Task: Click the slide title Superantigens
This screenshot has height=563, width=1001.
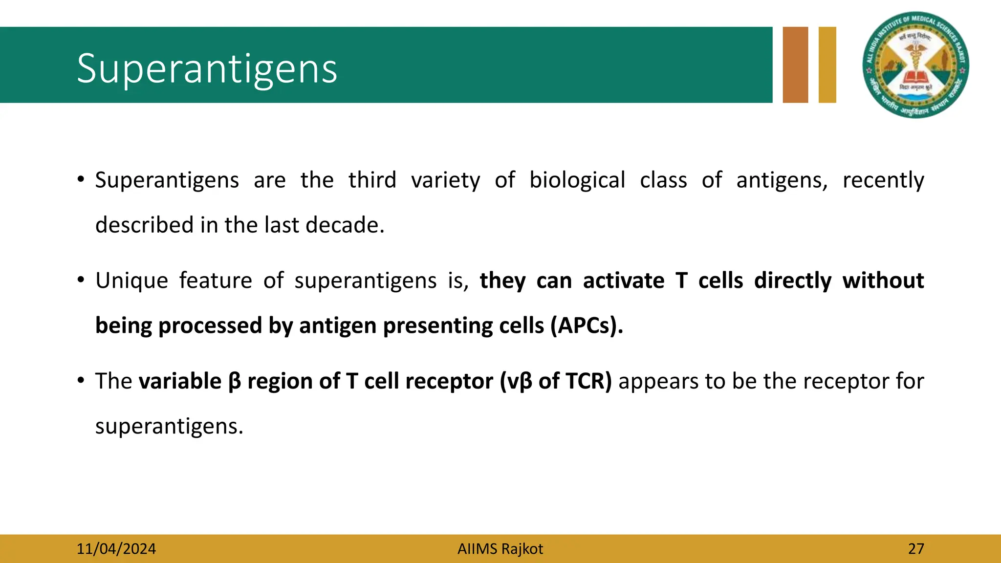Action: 207,69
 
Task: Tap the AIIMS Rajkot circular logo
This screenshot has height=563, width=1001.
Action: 915,65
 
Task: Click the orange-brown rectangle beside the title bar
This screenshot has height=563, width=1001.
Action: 795,65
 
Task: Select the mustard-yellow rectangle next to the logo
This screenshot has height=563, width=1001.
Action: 827,65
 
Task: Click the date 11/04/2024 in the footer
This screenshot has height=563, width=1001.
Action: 116,549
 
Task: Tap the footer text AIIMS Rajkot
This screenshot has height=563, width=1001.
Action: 500,549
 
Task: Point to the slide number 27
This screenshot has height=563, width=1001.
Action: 916,549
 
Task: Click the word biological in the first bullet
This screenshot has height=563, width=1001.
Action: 577,180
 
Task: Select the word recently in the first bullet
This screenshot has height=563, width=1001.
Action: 883,180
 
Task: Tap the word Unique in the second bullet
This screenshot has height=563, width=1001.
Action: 131,281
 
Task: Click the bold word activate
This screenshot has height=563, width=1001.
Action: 624,281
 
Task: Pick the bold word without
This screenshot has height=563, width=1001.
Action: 883,281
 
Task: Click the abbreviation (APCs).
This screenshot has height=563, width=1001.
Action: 587,326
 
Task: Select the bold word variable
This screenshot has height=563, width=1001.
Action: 180,381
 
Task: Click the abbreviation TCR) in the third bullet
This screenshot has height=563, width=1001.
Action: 588,381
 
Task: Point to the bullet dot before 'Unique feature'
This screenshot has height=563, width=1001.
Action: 81,280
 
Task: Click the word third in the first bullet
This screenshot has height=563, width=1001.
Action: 372,180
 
